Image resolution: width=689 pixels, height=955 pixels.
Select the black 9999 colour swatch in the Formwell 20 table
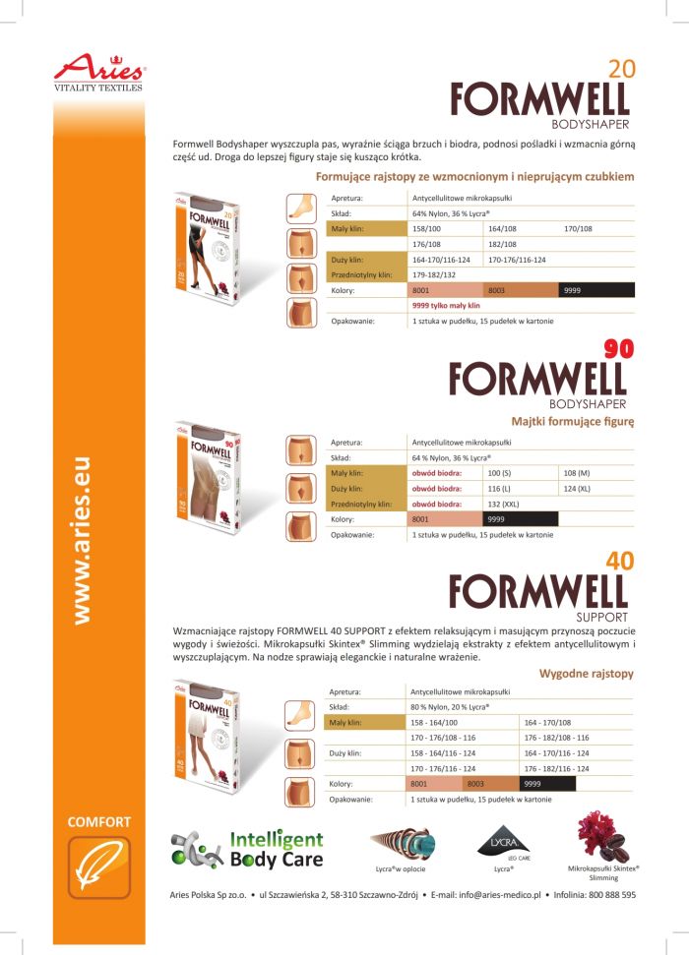[597, 290]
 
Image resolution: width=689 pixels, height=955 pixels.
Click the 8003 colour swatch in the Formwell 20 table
[522, 290]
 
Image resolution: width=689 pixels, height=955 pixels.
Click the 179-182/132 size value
[440, 274]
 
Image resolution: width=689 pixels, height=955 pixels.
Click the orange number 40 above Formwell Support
[620, 562]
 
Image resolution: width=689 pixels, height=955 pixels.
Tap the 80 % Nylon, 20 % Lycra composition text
[450, 706]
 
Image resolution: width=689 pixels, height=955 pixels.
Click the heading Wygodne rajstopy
[587, 674]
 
